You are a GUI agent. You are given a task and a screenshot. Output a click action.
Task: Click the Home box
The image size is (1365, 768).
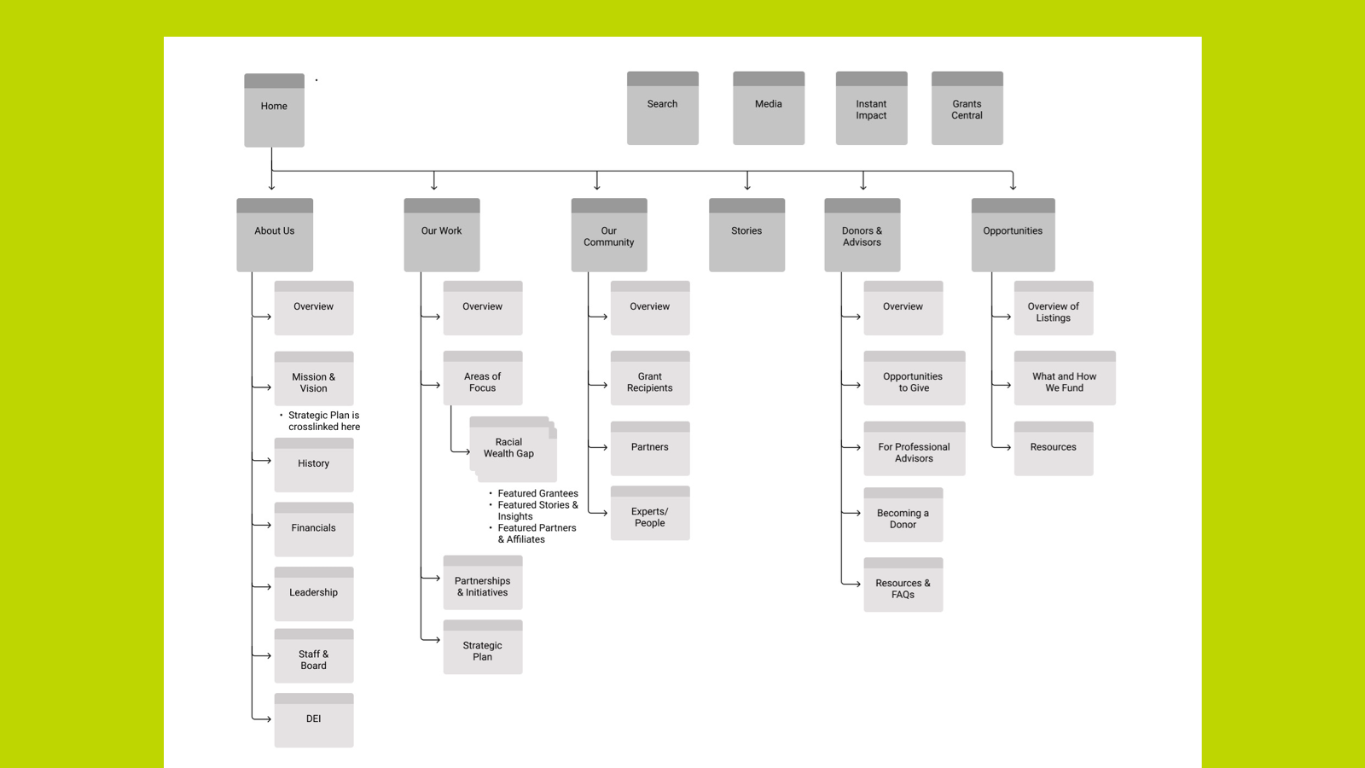click(x=274, y=110)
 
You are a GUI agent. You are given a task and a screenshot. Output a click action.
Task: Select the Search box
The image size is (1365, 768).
click(x=662, y=108)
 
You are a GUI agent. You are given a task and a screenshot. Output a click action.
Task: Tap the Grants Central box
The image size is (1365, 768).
click(x=967, y=108)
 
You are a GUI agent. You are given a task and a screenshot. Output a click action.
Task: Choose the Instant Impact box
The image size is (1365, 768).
click(x=871, y=108)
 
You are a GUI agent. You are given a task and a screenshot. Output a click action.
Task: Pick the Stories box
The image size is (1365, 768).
click(x=746, y=235)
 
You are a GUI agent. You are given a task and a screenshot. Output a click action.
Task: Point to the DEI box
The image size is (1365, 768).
click(x=313, y=720)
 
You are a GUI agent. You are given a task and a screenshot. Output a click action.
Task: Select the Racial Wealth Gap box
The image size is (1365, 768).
click(x=509, y=448)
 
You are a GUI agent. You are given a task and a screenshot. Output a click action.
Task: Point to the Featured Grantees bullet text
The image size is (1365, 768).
click(x=537, y=493)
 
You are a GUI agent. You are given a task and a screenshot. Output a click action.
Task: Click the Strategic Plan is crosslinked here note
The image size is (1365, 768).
click(x=323, y=421)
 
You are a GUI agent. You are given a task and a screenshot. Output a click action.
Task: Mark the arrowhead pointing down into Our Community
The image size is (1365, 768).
click(x=597, y=185)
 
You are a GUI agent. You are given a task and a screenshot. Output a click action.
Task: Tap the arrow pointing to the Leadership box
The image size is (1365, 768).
click(x=264, y=587)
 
